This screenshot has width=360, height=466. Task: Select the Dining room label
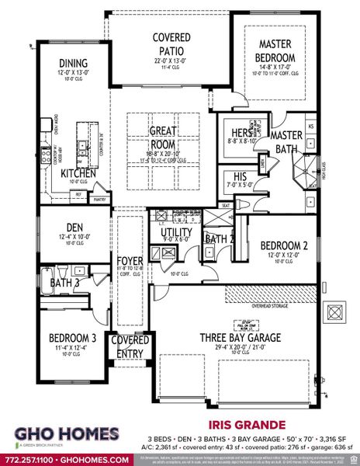coord(72,64)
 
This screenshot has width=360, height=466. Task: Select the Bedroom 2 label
coord(283,246)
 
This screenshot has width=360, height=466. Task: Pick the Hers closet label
coord(234,134)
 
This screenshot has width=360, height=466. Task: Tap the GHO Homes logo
coord(64,435)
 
